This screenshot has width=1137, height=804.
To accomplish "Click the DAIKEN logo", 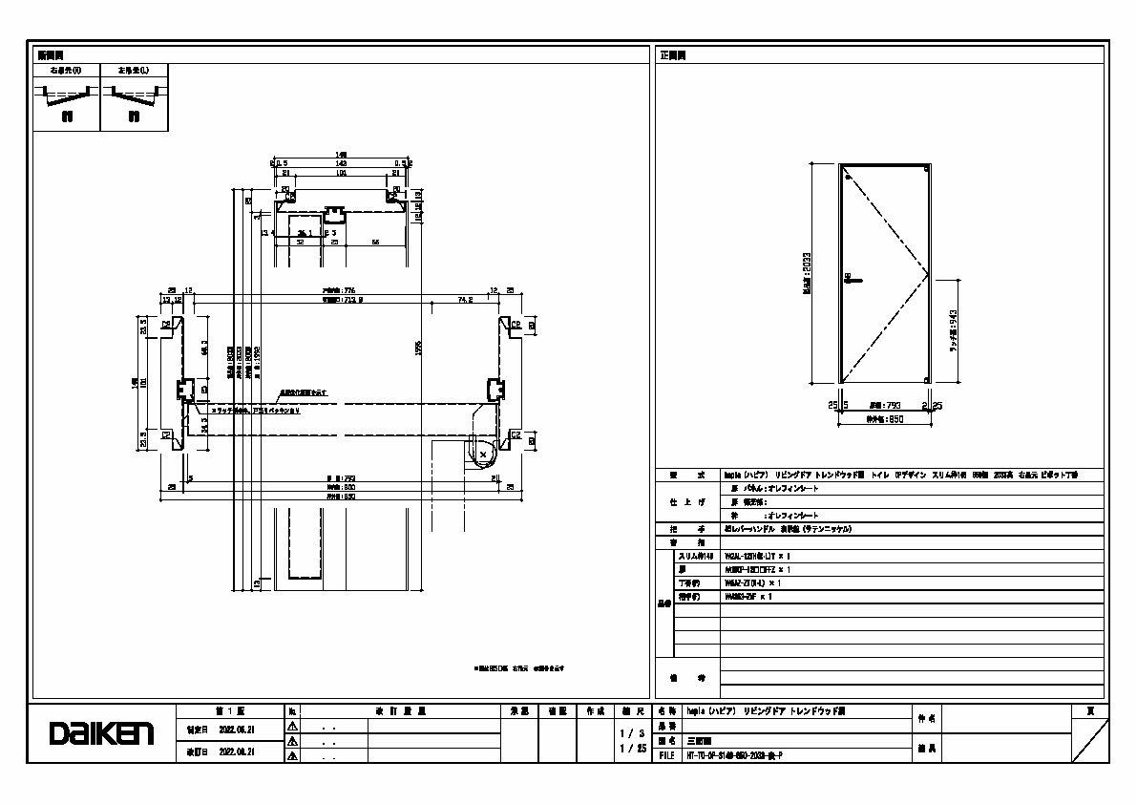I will click(101, 733).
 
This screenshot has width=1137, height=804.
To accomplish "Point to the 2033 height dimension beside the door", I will click(808, 274).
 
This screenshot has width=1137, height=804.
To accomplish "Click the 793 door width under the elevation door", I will click(884, 405).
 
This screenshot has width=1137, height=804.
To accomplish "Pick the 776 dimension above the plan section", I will click(338, 290).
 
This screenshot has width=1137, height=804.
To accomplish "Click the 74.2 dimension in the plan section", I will click(465, 299).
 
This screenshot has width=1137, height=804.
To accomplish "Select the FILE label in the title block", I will click(667, 754).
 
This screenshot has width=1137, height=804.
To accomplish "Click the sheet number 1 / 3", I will click(629, 733).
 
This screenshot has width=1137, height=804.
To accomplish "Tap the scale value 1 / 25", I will click(629, 750).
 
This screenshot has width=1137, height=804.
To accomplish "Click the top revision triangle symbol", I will click(293, 727).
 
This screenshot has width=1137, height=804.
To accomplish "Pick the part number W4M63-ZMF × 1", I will click(747, 596).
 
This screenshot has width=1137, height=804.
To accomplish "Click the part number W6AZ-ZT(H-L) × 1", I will click(753, 582).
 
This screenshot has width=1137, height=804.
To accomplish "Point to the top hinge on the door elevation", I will click(846, 174).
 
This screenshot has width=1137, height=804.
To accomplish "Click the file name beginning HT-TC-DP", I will click(734, 754).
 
